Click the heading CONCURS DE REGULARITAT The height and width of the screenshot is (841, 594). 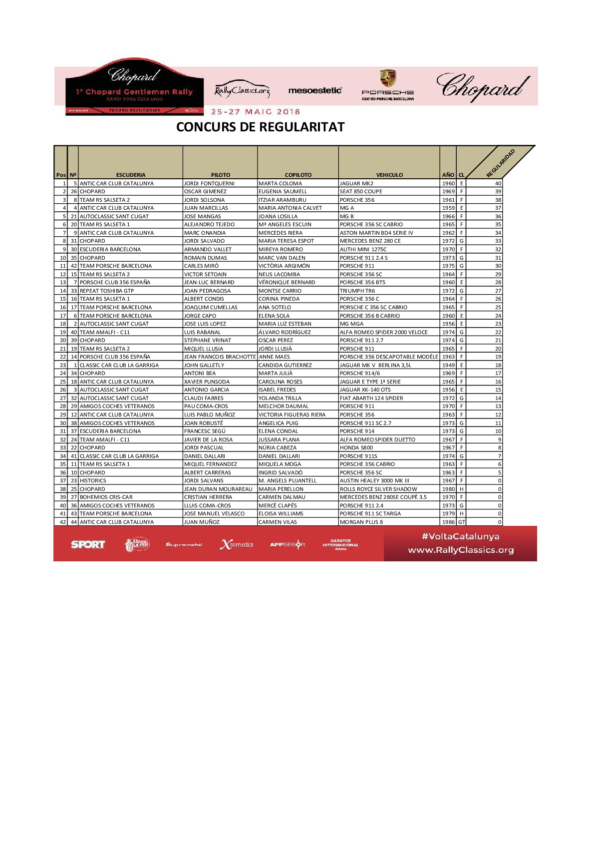tap(260, 127)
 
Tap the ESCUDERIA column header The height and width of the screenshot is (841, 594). tap(131, 175)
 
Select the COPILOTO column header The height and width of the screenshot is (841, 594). tap(298, 175)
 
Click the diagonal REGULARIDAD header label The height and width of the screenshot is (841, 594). tap(501, 163)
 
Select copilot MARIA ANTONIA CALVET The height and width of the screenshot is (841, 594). tap(290, 208)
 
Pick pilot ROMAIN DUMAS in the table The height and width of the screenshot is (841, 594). tap(205, 258)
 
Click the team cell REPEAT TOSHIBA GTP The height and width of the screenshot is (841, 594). tap(107, 291)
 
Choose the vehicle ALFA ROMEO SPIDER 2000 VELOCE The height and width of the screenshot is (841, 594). tap(383, 332)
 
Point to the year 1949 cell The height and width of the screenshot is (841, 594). tap(448, 365)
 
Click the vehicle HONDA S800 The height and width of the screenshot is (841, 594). tap(356, 447)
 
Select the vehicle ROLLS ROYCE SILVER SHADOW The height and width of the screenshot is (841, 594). tap(378, 489)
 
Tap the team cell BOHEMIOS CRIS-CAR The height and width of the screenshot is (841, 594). tap(106, 497)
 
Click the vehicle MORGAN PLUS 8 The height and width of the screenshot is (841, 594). tap(361, 522)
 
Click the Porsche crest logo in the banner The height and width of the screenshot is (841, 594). tap(388, 79)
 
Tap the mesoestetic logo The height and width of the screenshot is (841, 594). tap(315, 90)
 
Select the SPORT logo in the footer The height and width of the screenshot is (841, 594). tap(88, 544)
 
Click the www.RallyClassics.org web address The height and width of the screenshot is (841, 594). tap(461, 550)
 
